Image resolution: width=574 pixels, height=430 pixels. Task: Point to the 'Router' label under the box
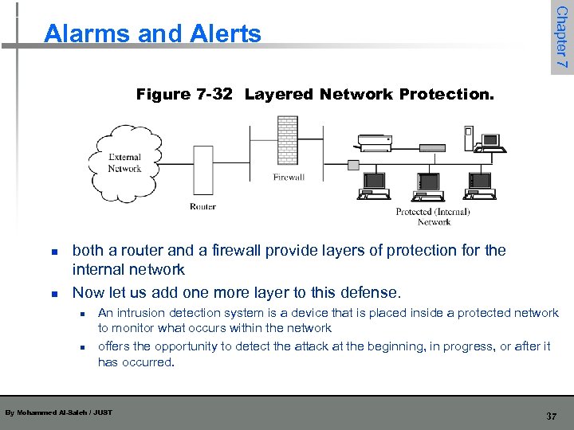pos(202,207)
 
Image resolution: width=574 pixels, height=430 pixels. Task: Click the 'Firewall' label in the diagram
pos(289,177)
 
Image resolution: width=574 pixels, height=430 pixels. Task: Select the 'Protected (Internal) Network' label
pos(433,217)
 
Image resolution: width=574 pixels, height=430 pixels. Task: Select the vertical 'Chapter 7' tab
pos(561,37)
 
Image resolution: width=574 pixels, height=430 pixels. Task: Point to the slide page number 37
pos(551,416)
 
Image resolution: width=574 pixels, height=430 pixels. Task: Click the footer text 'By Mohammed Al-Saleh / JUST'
pos(59,412)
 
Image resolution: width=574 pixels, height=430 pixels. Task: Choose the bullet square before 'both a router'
pos(52,252)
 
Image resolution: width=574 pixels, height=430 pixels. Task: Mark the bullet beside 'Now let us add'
pos(52,293)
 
